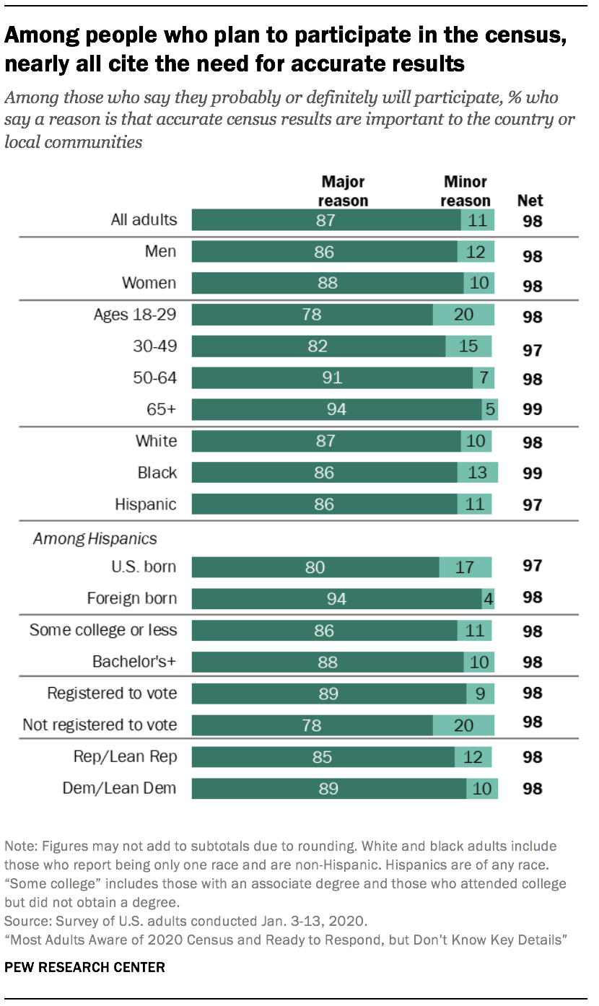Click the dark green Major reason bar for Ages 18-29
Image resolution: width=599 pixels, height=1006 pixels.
(312, 315)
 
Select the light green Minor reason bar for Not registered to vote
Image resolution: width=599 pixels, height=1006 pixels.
(463, 724)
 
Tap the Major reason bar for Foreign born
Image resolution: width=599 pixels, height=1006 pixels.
(336, 598)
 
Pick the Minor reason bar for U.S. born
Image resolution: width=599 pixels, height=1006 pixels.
(465, 567)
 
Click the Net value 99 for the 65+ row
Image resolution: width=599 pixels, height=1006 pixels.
(532, 410)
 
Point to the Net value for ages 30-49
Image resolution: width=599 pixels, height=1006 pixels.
(532, 350)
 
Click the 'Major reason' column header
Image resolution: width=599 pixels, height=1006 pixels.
(343, 191)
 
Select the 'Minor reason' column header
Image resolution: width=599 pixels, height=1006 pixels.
(465, 191)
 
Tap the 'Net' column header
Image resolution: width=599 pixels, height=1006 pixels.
(530, 200)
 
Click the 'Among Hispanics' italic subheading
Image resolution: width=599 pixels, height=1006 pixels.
(95, 538)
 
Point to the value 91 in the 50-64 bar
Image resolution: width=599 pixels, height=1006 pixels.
(333, 377)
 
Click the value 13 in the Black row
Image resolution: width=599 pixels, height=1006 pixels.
(477, 473)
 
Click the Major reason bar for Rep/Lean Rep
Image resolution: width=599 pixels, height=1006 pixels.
(323, 756)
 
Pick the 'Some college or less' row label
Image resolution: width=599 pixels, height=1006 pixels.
(102, 630)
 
